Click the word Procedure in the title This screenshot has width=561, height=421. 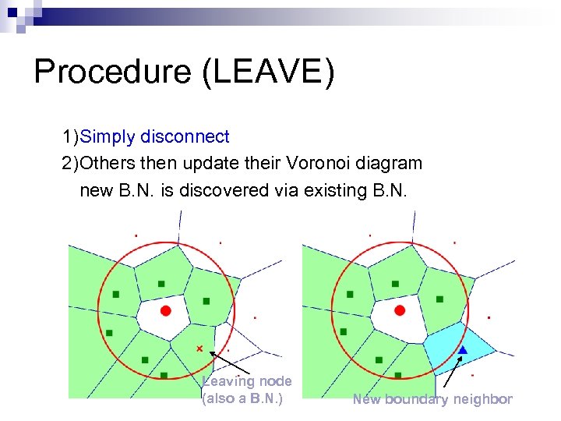112,73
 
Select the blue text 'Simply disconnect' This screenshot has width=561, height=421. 154,137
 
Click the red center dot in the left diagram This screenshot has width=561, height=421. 165,310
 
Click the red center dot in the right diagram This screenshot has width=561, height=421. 400,310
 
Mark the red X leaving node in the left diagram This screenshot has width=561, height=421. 199,348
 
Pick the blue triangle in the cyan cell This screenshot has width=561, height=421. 462,351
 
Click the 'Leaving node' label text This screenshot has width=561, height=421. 247,381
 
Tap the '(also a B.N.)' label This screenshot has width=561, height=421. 242,399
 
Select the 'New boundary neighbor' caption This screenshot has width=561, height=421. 432,399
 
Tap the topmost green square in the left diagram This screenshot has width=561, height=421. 161,283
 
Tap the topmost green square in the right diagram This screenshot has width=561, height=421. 395,283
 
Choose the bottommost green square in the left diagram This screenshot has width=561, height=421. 164,375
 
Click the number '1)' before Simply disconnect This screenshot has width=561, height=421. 71,137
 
